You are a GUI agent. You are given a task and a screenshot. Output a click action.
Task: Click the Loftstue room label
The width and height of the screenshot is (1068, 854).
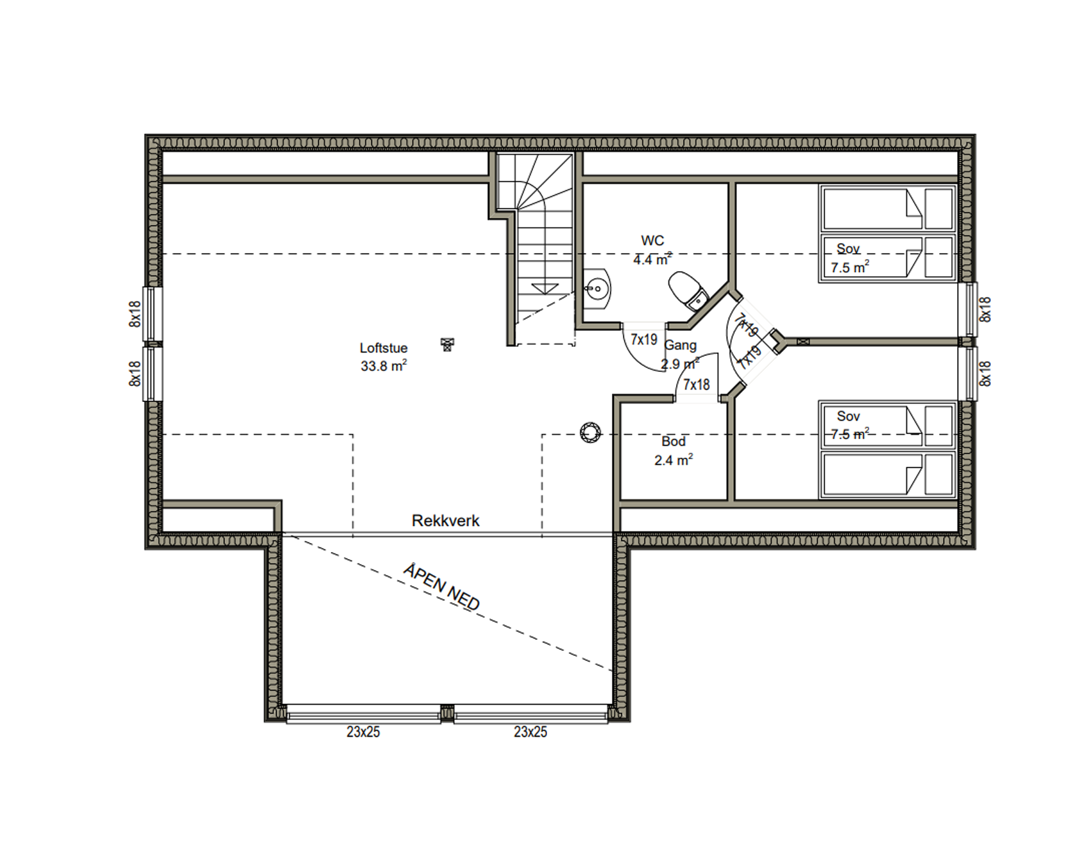point(384,348)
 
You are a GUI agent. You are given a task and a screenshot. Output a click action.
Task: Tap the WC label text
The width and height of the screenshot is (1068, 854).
point(652,241)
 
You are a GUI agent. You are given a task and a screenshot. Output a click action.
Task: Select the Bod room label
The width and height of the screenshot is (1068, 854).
point(674,441)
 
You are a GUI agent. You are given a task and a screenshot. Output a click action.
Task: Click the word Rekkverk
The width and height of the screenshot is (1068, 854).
point(445,521)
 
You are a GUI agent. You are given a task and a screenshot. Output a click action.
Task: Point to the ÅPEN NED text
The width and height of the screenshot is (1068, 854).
point(442,587)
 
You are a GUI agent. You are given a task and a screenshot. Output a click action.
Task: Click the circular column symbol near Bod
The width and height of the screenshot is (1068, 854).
point(589,433)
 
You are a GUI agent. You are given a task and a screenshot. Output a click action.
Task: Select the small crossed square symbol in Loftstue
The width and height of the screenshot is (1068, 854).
point(448,344)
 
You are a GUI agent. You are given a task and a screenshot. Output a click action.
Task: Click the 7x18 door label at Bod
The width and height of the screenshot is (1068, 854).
point(696,385)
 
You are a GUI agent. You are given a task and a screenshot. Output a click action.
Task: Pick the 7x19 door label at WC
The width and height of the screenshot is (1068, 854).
point(644,340)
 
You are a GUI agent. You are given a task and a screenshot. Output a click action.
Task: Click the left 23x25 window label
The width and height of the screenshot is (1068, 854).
point(363,732)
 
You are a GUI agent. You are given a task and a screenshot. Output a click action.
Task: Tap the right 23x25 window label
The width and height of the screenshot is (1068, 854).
point(530,732)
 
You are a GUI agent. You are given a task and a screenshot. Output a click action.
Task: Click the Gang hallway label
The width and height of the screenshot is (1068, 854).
point(681,346)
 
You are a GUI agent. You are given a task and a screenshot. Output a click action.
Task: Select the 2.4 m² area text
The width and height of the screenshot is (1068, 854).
point(674,460)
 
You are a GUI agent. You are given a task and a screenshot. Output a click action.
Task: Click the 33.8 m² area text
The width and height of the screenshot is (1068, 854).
point(384,366)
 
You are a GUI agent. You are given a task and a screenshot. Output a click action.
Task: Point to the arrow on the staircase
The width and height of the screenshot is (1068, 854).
point(544,289)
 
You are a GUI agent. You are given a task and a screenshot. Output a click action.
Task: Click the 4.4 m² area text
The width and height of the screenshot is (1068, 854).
point(652,259)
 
